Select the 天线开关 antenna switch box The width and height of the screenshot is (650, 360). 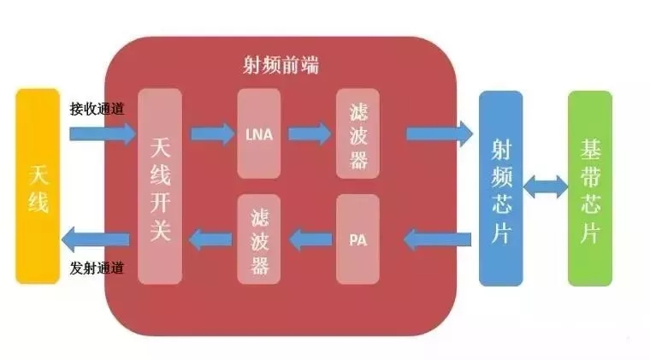pyautogui.click(x=160, y=187)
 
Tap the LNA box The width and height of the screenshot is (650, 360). pyautogui.click(x=258, y=134)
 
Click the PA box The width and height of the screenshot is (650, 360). pyautogui.click(x=357, y=239)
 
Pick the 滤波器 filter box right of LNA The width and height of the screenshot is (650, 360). pyautogui.click(x=357, y=134)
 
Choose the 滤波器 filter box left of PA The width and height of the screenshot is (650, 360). pyautogui.click(x=258, y=239)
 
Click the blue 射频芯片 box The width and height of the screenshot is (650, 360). pyautogui.click(x=500, y=187)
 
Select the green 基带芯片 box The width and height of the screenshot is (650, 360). pyautogui.click(x=590, y=187)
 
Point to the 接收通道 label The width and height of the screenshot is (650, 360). pyautogui.click(x=97, y=109)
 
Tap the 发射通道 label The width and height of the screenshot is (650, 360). pyautogui.click(x=97, y=269)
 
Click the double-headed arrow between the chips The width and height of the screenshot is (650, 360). pyautogui.click(x=545, y=187)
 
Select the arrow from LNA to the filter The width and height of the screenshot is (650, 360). pyautogui.click(x=309, y=134)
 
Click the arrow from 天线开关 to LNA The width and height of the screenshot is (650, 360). pyautogui.click(x=211, y=134)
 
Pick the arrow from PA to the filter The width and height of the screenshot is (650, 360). pyautogui.click(x=309, y=239)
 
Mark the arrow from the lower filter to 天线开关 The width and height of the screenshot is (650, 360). pyautogui.click(x=211, y=239)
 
